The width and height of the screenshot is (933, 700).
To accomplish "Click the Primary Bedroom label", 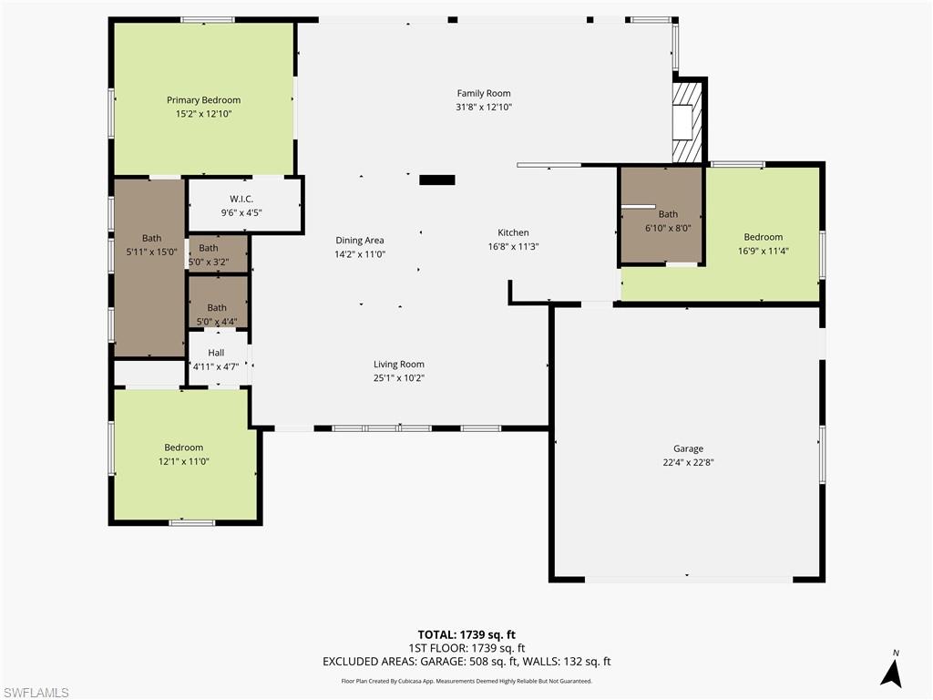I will point(203,100).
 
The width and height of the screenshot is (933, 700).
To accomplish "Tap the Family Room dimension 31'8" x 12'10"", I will point(484,107).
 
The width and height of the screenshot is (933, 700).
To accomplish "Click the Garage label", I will point(688,448).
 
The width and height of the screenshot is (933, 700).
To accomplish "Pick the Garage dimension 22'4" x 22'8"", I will point(688,462).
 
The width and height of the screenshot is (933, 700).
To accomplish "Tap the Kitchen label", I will point(513,232).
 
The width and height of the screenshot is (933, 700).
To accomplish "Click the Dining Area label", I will point(359,241).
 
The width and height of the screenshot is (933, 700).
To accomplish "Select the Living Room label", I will point(398,364).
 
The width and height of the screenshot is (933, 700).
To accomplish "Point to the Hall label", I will point(216,353).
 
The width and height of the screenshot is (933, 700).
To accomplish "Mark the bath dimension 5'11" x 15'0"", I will point(151,252).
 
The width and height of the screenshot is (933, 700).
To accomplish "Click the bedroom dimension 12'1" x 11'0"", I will point(183,462).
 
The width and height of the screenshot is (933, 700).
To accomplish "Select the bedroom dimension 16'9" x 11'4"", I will point(763,252).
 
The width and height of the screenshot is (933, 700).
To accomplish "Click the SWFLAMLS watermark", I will point(36,693).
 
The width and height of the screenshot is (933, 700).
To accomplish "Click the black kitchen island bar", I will point(436,180).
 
